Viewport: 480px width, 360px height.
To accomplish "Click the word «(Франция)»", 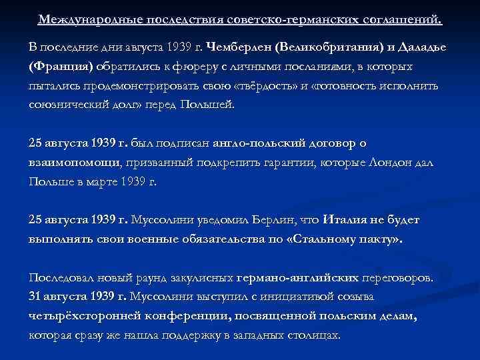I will (61, 67).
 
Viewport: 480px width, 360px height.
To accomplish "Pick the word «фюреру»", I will (183, 67).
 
